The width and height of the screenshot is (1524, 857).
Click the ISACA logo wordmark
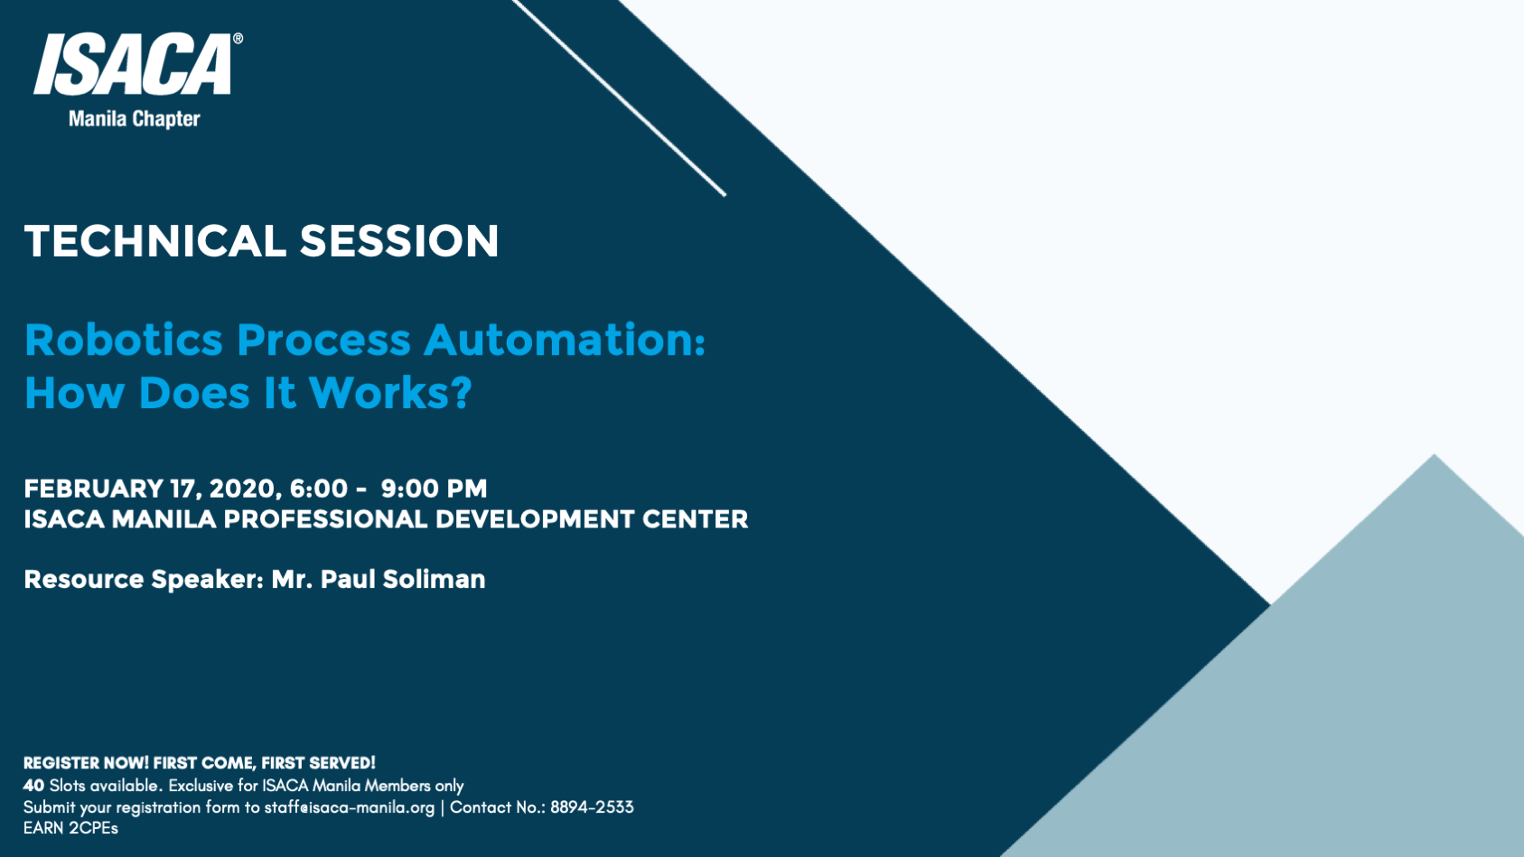[134, 65]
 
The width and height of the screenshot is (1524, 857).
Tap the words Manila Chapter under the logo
[134, 119]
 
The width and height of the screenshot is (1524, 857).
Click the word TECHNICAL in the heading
[154, 241]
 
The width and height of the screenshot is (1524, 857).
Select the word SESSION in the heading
[398, 241]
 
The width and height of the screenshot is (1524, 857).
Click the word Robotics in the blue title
[124, 340]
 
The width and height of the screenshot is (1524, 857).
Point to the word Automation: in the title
[564, 340]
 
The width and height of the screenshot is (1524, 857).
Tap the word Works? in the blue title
[390, 393]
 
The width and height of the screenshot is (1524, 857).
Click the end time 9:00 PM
[434, 489]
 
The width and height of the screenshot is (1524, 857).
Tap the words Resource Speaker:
[143, 579]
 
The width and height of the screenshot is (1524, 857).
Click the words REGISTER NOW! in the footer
[86, 763]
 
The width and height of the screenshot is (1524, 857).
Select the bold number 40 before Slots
[33, 786]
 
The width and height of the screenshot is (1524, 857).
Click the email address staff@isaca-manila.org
[349, 807]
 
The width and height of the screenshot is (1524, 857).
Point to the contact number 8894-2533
[592, 807]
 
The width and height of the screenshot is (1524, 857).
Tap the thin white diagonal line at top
[620, 98]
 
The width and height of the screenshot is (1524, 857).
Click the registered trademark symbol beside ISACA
[238, 39]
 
